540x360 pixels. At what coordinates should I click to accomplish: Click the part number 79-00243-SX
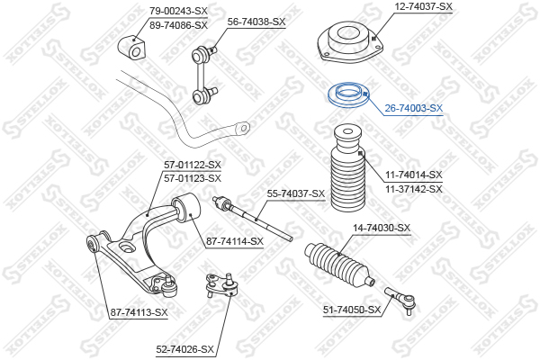(x=178, y=11)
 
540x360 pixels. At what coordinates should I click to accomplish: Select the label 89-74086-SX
(x=178, y=25)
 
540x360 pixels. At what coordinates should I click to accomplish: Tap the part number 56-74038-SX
(x=256, y=22)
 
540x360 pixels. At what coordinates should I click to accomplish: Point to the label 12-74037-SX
(x=423, y=6)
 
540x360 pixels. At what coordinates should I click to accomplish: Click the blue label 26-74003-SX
(x=414, y=108)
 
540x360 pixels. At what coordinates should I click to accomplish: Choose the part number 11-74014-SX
(x=414, y=175)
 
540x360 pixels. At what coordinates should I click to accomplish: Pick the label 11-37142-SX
(x=414, y=189)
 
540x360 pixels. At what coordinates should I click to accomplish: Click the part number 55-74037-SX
(x=296, y=194)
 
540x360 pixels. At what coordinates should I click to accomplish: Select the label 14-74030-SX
(x=382, y=228)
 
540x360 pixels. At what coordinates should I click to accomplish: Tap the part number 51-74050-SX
(x=352, y=310)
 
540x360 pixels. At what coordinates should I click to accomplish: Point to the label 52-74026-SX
(x=184, y=349)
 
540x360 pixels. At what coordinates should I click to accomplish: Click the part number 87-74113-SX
(x=139, y=312)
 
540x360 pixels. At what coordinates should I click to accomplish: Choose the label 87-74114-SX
(x=235, y=241)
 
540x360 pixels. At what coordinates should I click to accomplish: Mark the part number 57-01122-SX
(x=193, y=165)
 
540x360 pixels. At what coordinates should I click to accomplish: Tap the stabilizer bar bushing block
(x=132, y=48)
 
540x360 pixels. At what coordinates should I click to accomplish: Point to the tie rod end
(x=400, y=298)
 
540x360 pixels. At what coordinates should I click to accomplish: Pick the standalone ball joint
(x=221, y=285)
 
